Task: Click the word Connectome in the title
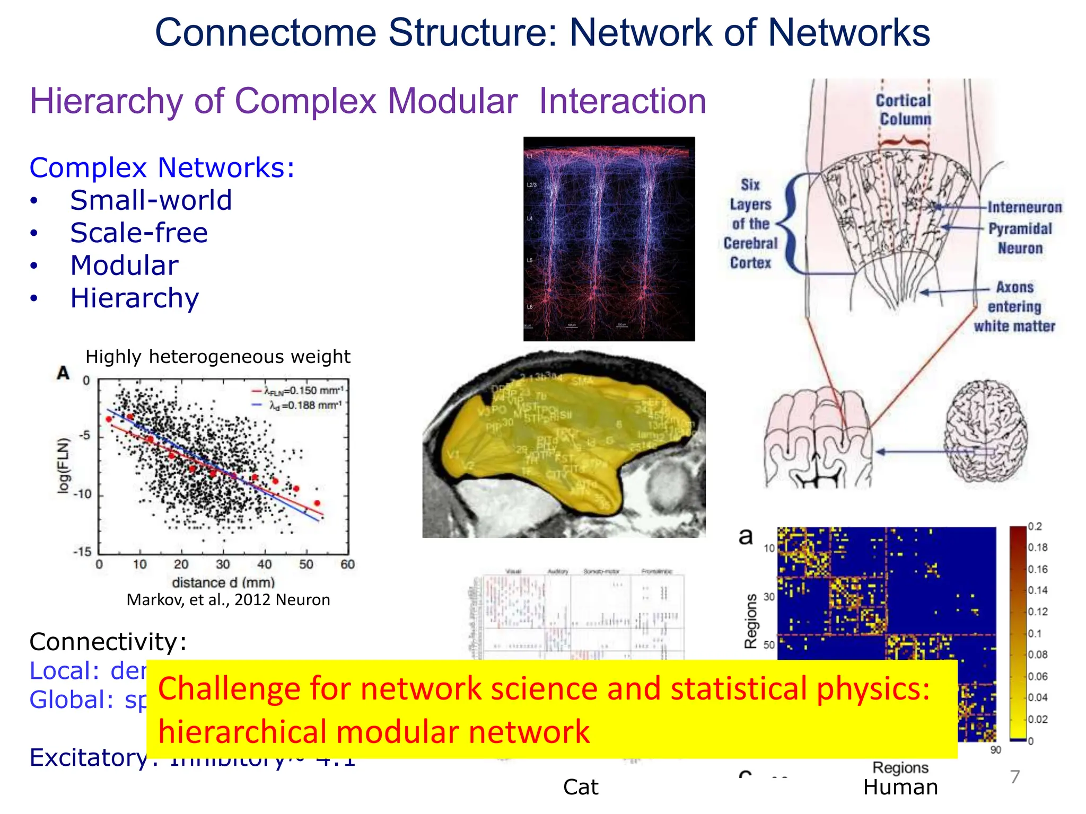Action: click(x=265, y=33)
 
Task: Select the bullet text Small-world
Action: click(x=151, y=200)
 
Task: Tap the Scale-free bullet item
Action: click(x=139, y=233)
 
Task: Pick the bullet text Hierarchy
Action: click(x=135, y=298)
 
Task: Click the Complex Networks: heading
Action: click(x=162, y=168)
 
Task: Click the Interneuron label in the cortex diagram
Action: click(x=1024, y=207)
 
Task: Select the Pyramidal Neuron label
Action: click(x=1020, y=238)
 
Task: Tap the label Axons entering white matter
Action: click(x=1014, y=307)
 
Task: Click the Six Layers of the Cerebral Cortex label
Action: click(x=750, y=224)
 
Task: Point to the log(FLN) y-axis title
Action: click(x=64, y=466)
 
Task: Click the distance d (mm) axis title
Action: click(x=223, y=582)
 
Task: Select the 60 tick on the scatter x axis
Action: click(x=347, y=564)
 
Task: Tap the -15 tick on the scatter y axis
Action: click(x=82, y=552)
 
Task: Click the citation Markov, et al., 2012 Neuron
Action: click(x=228, y=600)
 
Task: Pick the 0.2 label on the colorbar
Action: click(x=1035, y=526)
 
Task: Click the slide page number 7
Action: click(x=1015, y=777)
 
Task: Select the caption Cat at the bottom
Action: click(x=581, y=788)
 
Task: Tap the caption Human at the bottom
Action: click(x=900, y=788)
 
